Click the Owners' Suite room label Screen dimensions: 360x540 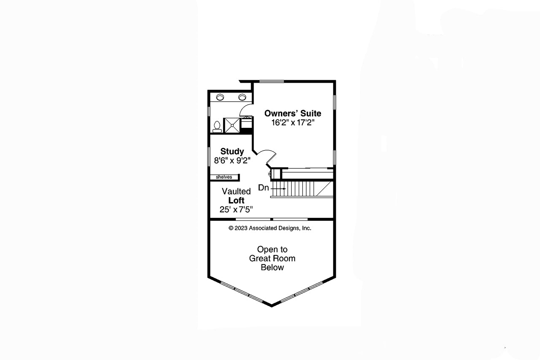(x=292, y=113)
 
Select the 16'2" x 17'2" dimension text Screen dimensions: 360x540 (x=293, y=123)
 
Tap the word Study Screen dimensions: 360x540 (x=232, y=152)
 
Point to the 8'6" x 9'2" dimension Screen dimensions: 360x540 (x=232, y=161)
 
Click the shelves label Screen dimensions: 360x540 (x=224, y=177)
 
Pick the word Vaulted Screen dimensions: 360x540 (x=236, y=192)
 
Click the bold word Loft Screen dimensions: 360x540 (x=236, y=200)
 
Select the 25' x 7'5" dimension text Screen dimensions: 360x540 (x=236, y=209)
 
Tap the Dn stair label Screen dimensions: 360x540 (x=263, y=188)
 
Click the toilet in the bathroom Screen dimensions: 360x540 (x=217, y=126)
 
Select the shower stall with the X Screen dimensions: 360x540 (x=231, y=125)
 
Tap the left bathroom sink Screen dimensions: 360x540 (x=221, y=97)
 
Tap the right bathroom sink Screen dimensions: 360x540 (x=242, y=97)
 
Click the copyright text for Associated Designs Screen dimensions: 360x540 (x=270, y=228)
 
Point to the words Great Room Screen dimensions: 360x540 (x=272, y=258)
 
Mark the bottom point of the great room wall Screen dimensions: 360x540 (x=272, y=305)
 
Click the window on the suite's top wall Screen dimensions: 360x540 (x=271, y=81)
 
